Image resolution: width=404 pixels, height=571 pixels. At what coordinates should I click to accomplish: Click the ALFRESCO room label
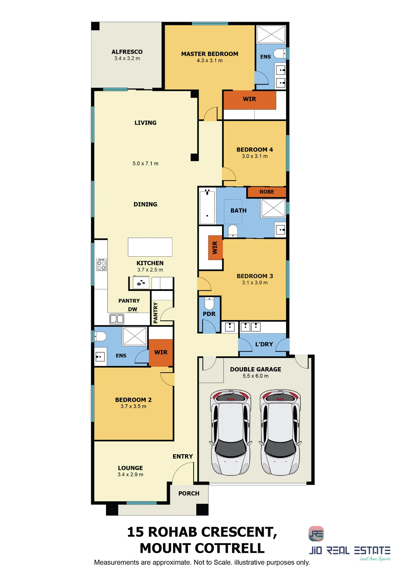click(x=127, y=52)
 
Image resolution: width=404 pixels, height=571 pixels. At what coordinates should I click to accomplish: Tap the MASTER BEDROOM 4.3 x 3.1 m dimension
click(x=209, y=61)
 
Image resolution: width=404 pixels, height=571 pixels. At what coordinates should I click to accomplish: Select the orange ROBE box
click(x=267, y=192)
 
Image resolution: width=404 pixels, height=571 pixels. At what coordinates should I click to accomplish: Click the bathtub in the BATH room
click(x=207, y=207)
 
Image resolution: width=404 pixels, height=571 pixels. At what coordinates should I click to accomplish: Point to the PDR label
click(x=209, y=314)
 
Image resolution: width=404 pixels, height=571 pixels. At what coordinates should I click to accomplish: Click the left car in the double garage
click(x=231, y=432)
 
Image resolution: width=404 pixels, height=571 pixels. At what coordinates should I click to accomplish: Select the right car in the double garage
click(x=280, y=432)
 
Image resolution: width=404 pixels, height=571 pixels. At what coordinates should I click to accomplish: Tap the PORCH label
click(x=189, y=493)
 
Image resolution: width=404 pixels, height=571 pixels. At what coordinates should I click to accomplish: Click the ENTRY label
click(x=183, y=457)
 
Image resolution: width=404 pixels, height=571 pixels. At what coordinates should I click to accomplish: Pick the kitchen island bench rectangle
click(x=150, y=247)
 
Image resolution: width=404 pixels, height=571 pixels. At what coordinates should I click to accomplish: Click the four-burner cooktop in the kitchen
click(x=101, y=265)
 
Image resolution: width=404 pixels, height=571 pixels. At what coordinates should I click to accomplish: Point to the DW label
click(x=133, y=309)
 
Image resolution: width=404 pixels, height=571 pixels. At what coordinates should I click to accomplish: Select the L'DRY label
click(x=264, y=344)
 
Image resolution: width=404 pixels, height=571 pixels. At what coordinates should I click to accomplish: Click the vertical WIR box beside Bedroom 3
click(x=215, y=248)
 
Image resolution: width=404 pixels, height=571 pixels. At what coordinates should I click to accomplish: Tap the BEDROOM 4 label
click(x=255, y=150)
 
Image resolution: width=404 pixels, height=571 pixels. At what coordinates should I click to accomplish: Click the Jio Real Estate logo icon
click(x=316, y=534)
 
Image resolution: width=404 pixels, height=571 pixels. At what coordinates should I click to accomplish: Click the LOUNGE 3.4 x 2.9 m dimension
click(x=130, y=475)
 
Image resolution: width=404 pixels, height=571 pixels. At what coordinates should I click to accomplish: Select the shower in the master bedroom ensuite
click(x=271, y=34)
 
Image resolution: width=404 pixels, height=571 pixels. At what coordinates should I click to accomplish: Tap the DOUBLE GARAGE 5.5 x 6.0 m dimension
click(x=255, y=376)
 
